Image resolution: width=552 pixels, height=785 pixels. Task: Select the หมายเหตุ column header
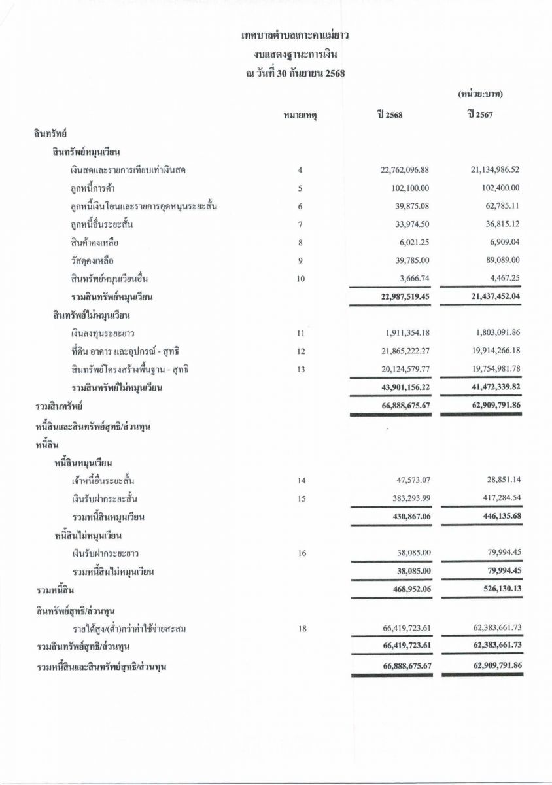(x=300, y=116)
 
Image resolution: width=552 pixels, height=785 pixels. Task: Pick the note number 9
(x=300, y=261)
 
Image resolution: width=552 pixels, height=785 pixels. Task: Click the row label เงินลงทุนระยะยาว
(x=103, y=334)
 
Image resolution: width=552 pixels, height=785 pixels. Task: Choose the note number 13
(x=300, y=370)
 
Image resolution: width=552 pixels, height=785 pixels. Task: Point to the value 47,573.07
(x=413, y=481)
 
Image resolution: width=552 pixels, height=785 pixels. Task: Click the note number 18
(x=301, y=629)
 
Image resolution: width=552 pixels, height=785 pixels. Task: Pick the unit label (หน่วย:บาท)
(x=480, y=95)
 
